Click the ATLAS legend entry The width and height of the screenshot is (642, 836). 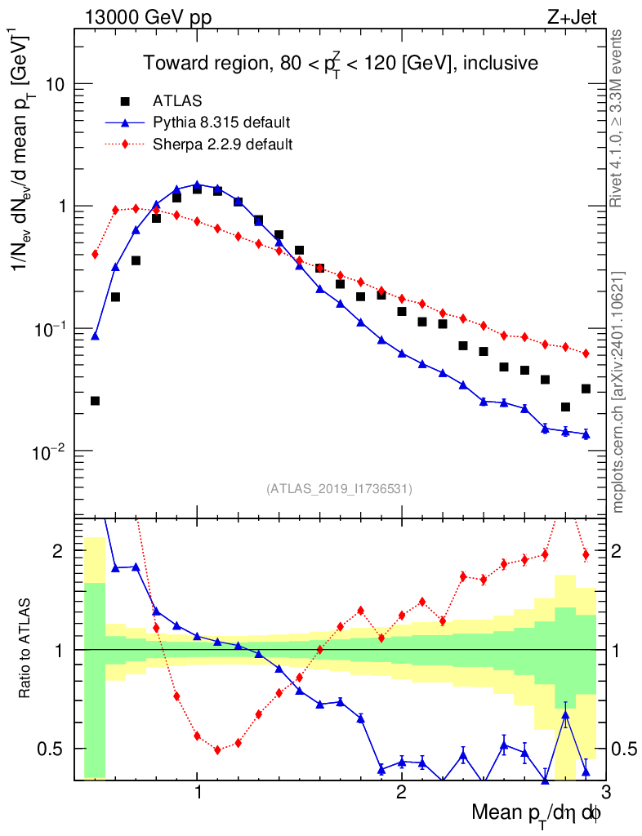(172, 101)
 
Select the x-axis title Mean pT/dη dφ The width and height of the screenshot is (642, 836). (536, 814)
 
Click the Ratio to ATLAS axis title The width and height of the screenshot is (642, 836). (26, 649)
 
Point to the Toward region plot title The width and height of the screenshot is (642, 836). (340, 63)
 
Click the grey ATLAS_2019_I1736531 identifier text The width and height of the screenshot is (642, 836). (339, 489)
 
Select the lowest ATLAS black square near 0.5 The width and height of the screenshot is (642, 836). (95, 401)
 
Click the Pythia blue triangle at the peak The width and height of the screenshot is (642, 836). (197, 185)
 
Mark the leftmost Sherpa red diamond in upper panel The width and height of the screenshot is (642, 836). (95, 254)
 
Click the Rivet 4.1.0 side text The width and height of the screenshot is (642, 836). (619, 118)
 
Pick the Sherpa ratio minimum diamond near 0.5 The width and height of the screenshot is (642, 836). (217, 749)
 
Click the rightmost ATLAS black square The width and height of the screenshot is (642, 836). (586, 389)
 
